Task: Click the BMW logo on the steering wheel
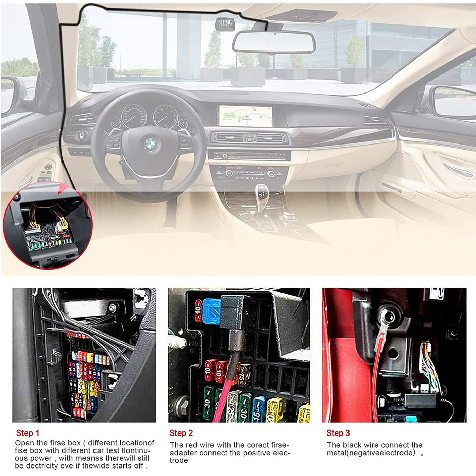point(151,144)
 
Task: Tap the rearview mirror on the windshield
point(274,42)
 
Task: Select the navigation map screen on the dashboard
point(246,116)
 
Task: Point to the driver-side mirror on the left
point(8,94)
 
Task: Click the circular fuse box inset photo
point(48,225)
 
